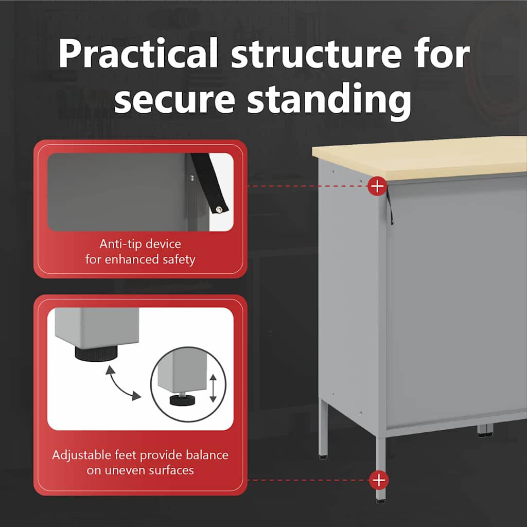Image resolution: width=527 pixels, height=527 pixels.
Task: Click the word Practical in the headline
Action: [138, 54]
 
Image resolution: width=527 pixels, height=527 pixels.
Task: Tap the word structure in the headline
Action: [317, 54]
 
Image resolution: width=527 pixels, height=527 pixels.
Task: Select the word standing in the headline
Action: [329, 99]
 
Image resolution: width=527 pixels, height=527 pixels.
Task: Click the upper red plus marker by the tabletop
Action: [377, 186]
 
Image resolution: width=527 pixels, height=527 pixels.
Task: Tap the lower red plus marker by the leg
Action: [379, 480]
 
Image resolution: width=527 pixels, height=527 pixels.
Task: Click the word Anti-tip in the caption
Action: [118, 243]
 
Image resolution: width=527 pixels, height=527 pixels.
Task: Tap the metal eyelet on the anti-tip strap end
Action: [219, 209]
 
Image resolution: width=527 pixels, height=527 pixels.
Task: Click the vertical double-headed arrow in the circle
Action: [213, 388]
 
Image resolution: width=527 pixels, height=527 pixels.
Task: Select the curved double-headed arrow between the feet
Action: [121, 385]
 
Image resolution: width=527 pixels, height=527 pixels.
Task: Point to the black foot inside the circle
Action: [183, 400]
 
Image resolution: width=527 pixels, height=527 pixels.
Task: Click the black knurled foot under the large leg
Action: [96, 354]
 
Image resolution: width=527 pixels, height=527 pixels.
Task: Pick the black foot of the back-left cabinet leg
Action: [323, 457]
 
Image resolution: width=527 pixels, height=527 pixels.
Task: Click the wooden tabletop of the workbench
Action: [419, 157]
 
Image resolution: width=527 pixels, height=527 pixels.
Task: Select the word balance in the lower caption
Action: [207, 455]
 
